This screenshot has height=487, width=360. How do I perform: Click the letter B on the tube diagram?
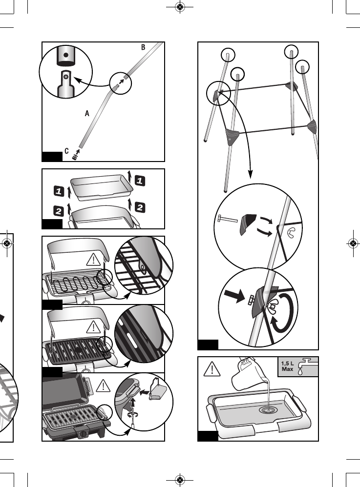click(143, 47)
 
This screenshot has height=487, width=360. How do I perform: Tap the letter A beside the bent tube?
click(87, 113)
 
